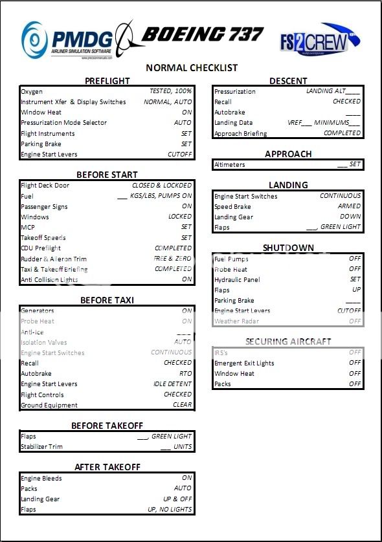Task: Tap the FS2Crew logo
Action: click(313, 41)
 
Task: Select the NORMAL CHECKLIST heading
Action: click(192, 67)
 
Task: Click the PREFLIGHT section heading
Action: click(107, 81)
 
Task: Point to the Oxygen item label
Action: click(32, 92)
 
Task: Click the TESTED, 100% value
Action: click(171, 92)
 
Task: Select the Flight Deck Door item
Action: click(45, 186)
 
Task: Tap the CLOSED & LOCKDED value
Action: click(162, 186)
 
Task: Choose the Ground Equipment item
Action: click(49, 405)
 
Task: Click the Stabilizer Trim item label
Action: click(42, 446)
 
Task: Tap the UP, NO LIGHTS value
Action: click(170, 509)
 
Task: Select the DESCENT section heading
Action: click(288, 81)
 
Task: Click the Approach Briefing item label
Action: click(242, 133)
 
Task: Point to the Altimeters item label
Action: click(229, 164)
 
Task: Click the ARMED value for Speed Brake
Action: click(350, 206)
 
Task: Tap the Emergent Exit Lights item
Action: click(244, 363)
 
